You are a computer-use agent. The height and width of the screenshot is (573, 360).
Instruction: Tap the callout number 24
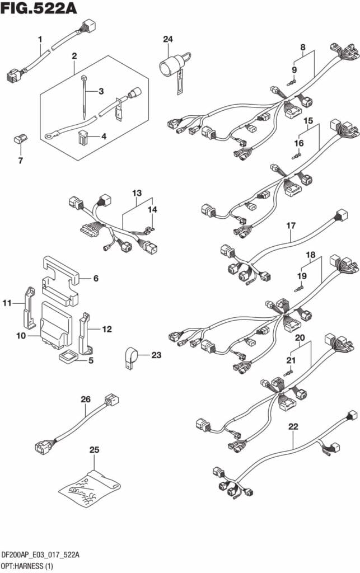click(x=168, y=39)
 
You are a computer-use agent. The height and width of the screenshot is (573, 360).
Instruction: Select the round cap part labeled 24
click(x=168, y=67)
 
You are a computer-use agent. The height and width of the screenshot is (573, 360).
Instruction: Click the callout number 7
click(x=21, y=161)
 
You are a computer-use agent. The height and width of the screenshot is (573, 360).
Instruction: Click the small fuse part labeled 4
click(x=83, y=137)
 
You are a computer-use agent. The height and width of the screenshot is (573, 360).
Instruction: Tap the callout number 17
click(x=291, y=226)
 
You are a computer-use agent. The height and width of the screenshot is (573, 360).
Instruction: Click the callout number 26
click(x=85, y=400)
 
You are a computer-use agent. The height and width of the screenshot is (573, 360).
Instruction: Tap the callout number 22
click(x=293, y=426)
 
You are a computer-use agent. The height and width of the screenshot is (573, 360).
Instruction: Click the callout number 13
click(x=137, y=193)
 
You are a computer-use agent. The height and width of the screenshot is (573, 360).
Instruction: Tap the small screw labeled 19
click(x=300, y=289)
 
